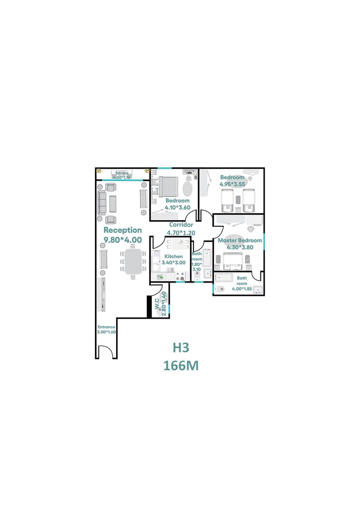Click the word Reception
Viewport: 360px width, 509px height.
click(123, 230)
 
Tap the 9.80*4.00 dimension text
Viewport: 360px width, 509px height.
click(123, 240)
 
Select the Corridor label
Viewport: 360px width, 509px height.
click(181, 225)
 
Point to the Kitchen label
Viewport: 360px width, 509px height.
click(173, 257)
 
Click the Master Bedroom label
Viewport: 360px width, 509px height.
click(240, 240)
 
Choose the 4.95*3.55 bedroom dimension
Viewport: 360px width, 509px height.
click(233, 185)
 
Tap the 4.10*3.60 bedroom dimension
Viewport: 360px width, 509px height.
click(178, 208)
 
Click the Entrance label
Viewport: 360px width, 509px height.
click(107, 327)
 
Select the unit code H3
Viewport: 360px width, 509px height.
click(181, 348)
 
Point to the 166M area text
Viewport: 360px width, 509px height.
click(181, 366)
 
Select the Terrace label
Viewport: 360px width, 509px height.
click(122, 173)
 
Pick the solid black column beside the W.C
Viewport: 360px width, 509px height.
click(149, 307)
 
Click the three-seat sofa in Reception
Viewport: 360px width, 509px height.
click(102, 203)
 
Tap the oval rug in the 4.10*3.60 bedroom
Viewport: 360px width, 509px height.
click(188, 188)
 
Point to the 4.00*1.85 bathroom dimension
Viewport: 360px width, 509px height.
click(242, 289)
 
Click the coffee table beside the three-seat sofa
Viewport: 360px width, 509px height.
click(112, 204)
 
